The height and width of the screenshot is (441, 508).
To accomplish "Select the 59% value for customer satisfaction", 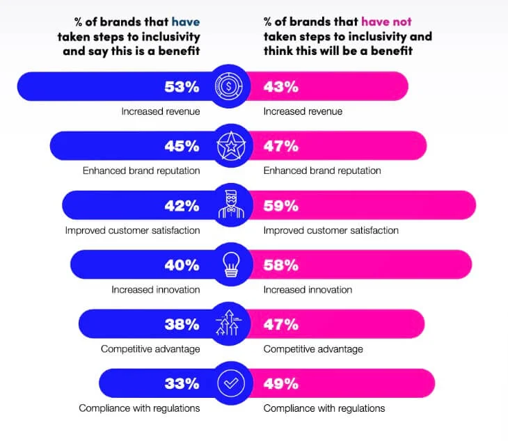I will click(281, 205).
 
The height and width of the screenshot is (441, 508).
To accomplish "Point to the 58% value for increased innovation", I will click(281, 264).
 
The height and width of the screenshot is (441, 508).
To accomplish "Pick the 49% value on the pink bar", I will click(281, 383).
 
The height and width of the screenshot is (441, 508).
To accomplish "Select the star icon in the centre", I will click(230, 146).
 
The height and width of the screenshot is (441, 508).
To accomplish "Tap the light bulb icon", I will click(230, 265).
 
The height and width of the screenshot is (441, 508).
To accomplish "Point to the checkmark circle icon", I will click(230, 383).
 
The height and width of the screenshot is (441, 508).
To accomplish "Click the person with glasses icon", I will click(230, 205).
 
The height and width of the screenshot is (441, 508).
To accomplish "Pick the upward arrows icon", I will click(230, 324).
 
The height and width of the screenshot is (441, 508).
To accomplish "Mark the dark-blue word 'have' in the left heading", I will click(186, 22).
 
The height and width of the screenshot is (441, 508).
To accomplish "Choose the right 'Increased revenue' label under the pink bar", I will click(303, 111).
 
